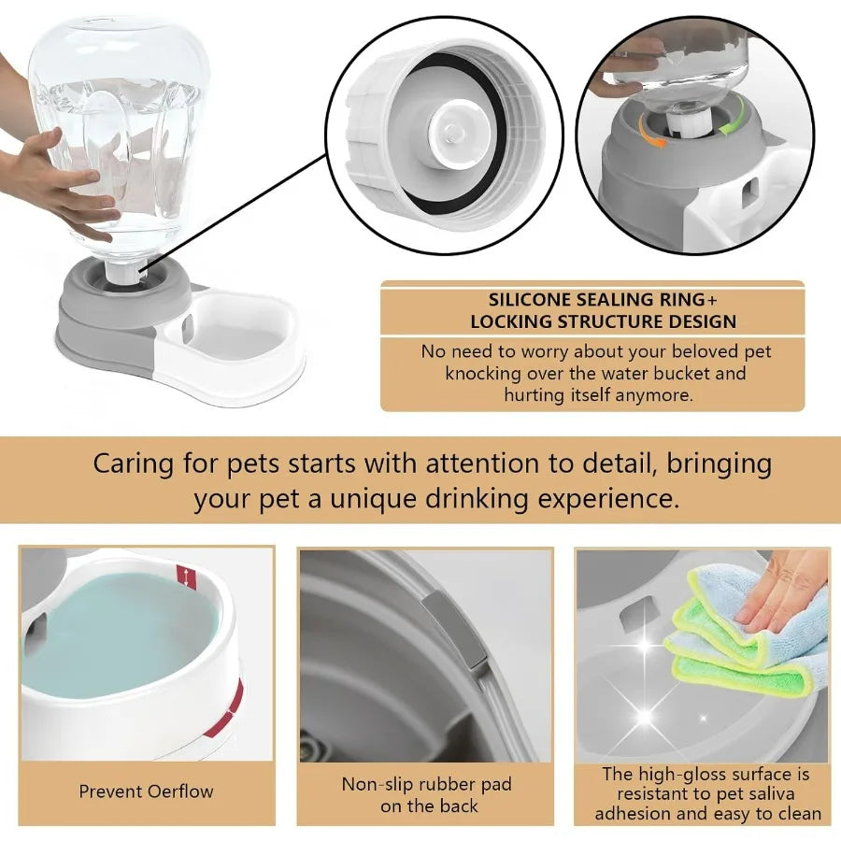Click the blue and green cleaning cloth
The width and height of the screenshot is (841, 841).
[738, 635]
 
